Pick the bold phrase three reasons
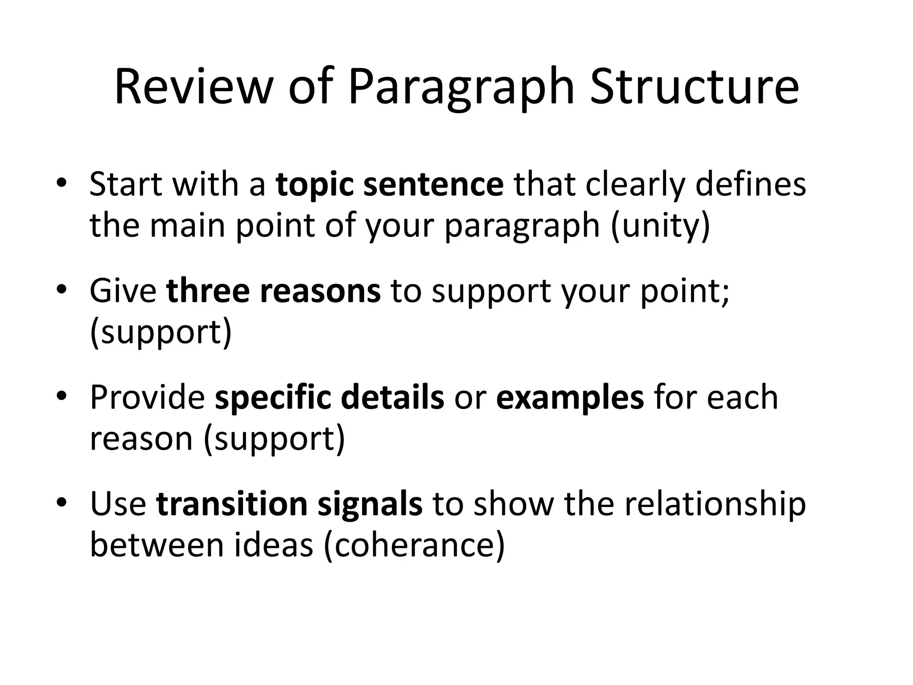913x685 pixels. coord(273,291)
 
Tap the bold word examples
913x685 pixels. coord(570,398)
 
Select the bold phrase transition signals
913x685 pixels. coord(289,504)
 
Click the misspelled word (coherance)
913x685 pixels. coord(414,545)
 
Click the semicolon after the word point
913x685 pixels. coord(726,294)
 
